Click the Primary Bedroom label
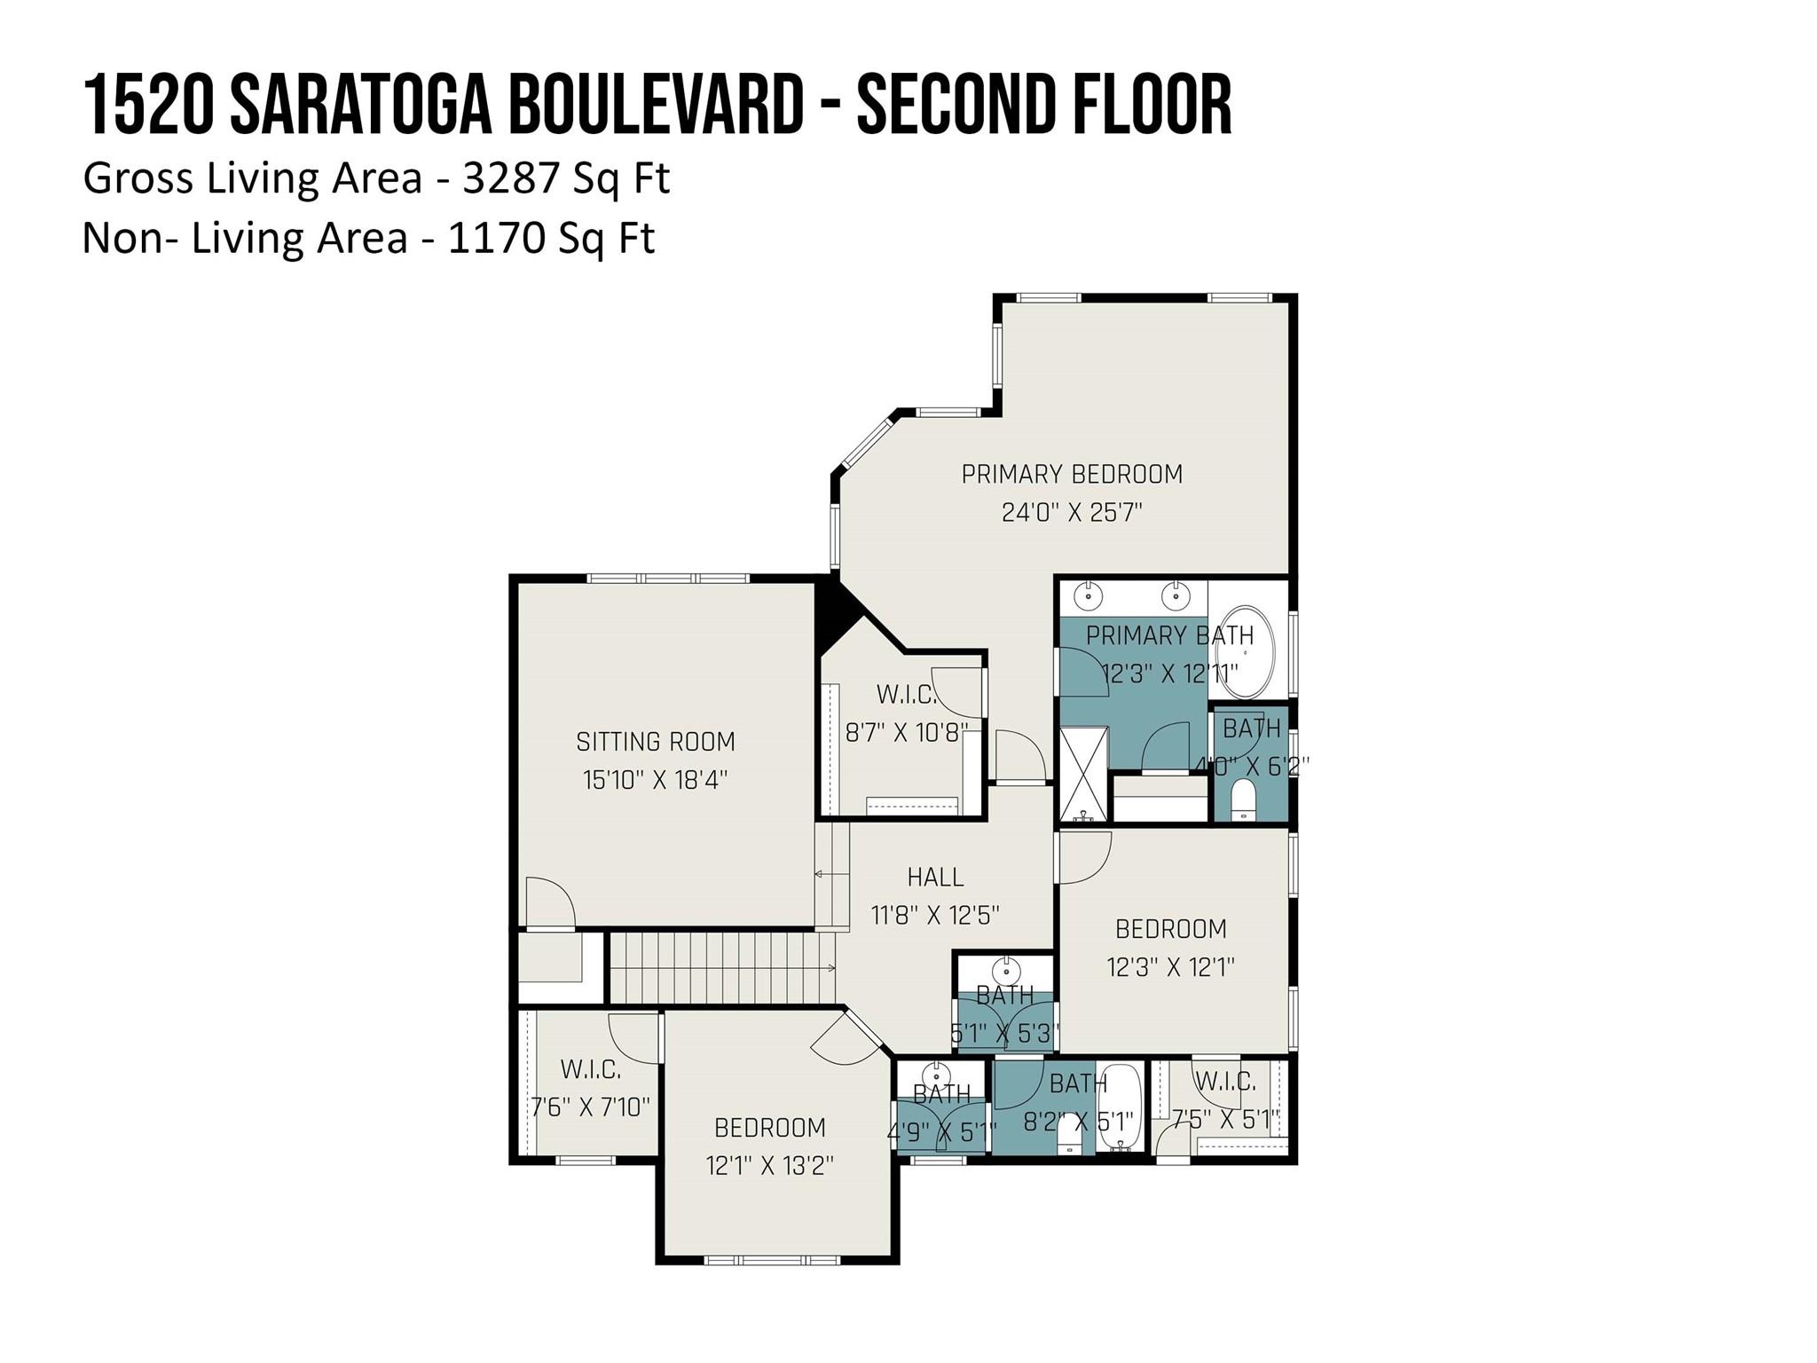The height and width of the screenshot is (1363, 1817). click(1072, 474)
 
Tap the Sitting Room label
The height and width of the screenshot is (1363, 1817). click(656, 741)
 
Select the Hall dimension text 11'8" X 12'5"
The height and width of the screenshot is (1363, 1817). click(935, 915)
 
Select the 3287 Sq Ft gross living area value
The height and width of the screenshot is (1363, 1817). click(566, 178)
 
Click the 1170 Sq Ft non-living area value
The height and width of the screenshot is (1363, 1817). click(551, 239)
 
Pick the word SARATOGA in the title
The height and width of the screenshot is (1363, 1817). click(360, 106)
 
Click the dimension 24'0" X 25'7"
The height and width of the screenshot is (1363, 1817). click(1072, 512)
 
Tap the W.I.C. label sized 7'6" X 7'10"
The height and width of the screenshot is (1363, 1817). click(591, 1069)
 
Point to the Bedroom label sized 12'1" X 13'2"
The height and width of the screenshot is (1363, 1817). click(770, 1127)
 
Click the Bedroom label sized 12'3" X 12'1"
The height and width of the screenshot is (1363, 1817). click(1171, 928)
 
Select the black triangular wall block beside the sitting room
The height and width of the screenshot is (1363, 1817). click(834, 612)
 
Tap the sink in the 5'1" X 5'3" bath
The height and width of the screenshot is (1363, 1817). click(1006, 968)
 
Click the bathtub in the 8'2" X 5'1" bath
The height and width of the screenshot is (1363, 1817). click(1119, 1108)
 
